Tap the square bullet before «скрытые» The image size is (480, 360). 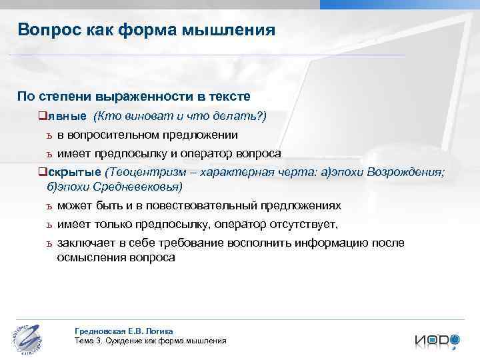[x=43, y=172]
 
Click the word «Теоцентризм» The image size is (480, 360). [x=146, y=172]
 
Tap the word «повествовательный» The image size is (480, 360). [x=206, y=206]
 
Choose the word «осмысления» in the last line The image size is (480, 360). [x=89, y=257]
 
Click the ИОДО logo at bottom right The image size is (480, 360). [x=437, y=340]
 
